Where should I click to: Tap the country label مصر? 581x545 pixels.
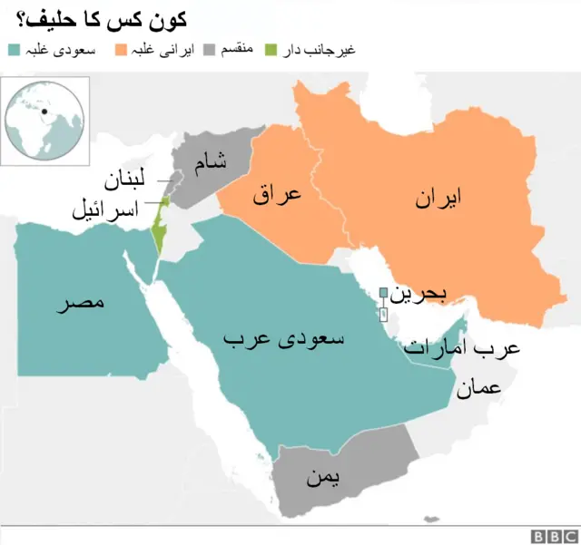tap(81, 302)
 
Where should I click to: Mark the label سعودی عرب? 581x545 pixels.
tap(283, 340)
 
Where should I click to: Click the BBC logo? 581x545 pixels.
tap(553, 535)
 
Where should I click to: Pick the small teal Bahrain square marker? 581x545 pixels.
tap(383, 292)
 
